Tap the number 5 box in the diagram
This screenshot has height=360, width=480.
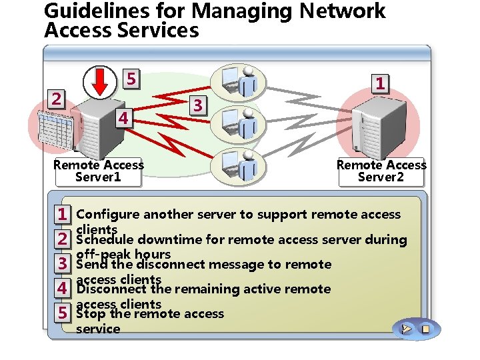point(132,79)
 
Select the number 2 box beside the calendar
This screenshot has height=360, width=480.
point(58,99)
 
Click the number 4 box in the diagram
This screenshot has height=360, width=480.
point(122,118)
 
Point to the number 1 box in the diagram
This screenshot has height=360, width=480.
point(379,83)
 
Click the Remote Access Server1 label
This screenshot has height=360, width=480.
point(99,171)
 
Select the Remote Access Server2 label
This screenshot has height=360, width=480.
point(381,171)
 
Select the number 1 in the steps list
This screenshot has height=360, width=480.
point(61,215)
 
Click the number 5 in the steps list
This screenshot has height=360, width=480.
point(61,313)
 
